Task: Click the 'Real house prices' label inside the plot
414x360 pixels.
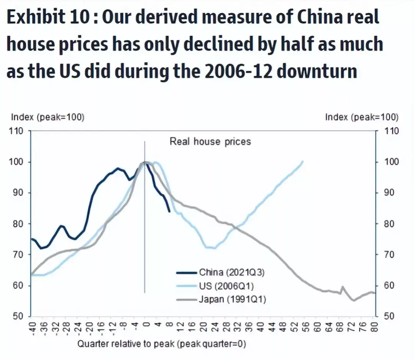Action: pyautogui.click(x=210, y=142)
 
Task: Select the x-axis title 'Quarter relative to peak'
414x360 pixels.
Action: pyautogui.click(x=161, y=344)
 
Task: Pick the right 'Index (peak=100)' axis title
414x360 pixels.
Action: pyautogui.click(x=361, y=117)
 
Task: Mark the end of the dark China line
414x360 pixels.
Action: pyautogui.click(x=169, y=211)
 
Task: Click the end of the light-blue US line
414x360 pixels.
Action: pyautogui.click(x=303, y=161)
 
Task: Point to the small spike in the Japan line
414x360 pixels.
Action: pyautogui.click(x=342, y=287)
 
